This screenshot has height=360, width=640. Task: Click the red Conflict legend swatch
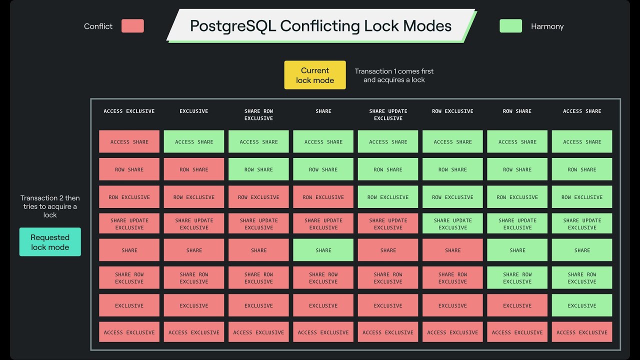coord(132,26)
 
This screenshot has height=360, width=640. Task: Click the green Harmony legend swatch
coord(510,26)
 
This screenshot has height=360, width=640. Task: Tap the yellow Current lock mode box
coord(315,75)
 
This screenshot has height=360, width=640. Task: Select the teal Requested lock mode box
coord(50,242)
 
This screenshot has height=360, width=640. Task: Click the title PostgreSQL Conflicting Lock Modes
coord(320,26)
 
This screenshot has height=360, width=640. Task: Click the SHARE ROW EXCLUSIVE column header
coord(258,114)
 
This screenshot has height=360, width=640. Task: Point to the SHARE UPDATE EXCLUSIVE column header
coord(388,114)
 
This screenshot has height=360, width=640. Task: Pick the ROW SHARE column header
coord(517,111)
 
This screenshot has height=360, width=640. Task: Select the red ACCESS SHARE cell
coord(129,141)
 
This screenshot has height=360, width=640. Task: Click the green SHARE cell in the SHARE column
coord(323,250)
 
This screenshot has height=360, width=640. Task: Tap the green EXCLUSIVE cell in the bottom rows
coord(582,305)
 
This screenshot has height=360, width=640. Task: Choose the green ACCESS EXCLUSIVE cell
coord(582,332)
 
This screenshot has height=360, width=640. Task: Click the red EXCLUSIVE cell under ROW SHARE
coord(517,305)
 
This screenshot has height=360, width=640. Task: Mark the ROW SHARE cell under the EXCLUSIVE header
coord(194,169)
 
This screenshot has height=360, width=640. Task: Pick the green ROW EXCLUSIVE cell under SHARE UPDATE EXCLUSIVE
coord(388,197)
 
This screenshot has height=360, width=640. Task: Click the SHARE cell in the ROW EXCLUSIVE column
coord(452,250)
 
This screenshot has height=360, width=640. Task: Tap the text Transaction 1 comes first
coord(394,71)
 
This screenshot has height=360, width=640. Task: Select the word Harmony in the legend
coord(547,26)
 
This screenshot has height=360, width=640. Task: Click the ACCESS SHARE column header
coord(582,111)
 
